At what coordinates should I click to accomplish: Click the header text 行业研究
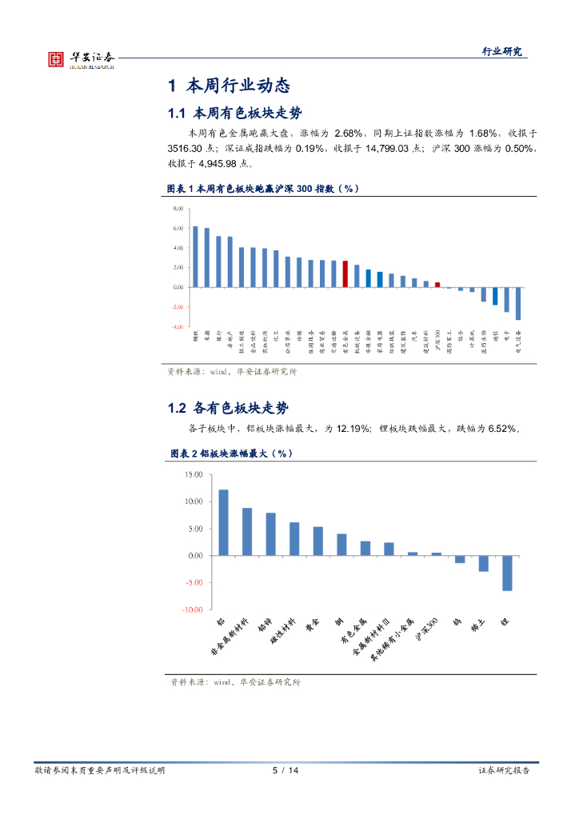pos(502,51)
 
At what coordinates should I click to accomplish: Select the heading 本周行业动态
pos(228,86)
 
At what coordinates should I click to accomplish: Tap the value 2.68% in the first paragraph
pos(349,133)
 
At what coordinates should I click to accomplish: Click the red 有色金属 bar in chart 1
pos(345,274)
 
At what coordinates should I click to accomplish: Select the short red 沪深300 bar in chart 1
pos(437,284)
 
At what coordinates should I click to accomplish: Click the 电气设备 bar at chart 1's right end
pos(518,303)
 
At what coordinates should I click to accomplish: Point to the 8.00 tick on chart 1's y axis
pos(177,208)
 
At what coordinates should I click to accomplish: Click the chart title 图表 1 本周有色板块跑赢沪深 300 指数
pos(262,188)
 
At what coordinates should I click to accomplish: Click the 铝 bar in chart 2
pos(223,522)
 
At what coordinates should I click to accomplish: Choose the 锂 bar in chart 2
pos(507,573)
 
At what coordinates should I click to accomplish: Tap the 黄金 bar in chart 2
pos(317,541)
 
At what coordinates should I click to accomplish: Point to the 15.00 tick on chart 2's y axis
pos(193,474)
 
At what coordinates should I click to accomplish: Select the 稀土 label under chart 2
pos(477,625)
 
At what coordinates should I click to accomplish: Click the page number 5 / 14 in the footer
pos(286,770)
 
